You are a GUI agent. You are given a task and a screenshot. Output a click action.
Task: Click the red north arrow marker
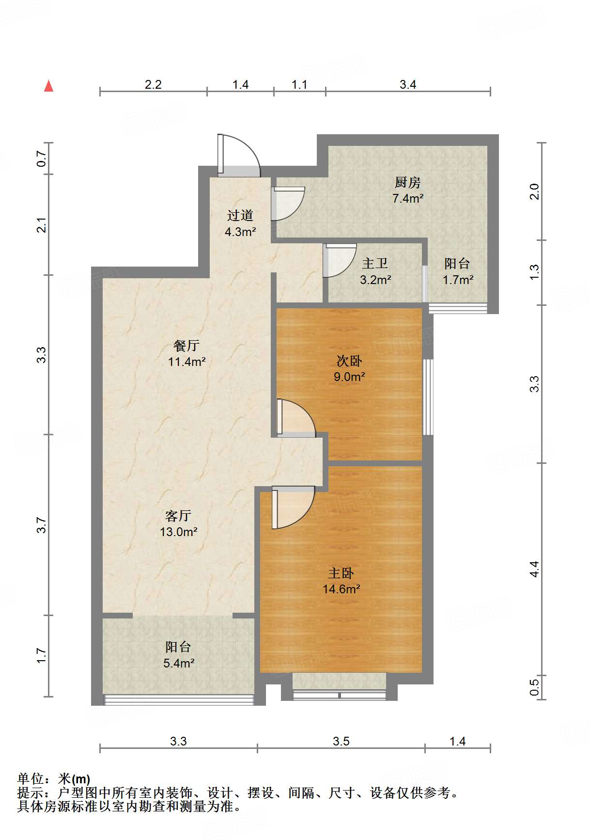click(x=48, y=86)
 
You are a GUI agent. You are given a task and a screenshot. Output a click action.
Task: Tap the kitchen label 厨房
click(x=407, y=183)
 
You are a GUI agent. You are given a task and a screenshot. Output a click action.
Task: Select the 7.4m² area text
click(x=408, y=198)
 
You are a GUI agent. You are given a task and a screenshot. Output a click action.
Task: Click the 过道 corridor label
click(x=240, y=215)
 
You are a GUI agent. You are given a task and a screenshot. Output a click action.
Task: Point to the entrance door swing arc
click(x=241, y=154)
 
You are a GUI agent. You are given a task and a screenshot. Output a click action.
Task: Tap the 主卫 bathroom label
click(x=375, y=264)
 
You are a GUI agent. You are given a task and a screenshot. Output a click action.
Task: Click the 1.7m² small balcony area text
click(x=458, y=280)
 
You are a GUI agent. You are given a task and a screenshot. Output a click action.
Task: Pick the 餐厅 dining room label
click(x=186, y=346)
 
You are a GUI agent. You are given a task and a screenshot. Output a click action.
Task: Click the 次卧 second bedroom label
click(x=349, y=361)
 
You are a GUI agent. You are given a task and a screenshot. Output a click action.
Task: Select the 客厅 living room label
click(x=178, y=516)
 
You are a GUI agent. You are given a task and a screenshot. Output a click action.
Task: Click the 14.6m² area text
click(x=342, y=589)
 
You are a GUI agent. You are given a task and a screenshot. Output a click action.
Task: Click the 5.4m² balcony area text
click(x=179, y=663)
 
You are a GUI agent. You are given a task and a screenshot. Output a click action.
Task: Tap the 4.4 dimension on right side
click(x=534, y=569)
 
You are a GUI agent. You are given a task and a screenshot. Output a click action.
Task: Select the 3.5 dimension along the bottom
click(x=341, y=741)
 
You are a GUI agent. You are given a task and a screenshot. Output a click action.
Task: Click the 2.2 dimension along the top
click(x=153, y=84)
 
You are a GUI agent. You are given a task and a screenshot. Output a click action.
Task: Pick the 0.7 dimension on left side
click(x=42, y=158)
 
